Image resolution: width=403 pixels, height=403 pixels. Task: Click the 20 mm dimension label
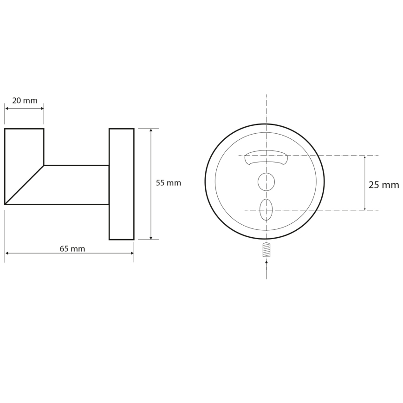coord(25,101)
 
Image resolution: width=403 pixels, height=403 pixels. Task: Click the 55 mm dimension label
coord(168,183)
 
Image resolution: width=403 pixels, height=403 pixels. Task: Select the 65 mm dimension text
coord(72,249)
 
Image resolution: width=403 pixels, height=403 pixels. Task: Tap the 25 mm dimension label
coord(383,185)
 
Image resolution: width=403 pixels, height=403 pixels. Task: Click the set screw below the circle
coord(266,250)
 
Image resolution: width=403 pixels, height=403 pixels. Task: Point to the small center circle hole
coord(266,182)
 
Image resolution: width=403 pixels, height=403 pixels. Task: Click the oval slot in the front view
coord(266,209)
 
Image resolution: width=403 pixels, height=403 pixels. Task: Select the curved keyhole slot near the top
coord(266,157)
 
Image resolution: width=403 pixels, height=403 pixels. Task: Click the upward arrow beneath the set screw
coord(266,262)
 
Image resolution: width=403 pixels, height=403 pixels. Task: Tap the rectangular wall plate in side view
coord(122,184)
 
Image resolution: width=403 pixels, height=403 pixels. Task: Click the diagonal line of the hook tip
coord(24,185)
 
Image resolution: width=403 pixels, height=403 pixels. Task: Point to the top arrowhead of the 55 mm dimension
coord(151,130)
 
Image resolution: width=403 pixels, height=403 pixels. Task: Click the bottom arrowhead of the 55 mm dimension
coord(151,238)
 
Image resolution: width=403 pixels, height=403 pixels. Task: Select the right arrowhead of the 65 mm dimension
coord(132,253)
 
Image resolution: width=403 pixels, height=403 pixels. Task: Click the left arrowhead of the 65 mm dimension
coord(7,253)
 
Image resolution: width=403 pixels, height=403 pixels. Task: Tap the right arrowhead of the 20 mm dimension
coord(42,109)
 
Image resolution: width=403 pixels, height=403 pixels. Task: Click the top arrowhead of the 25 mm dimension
coord(364,157)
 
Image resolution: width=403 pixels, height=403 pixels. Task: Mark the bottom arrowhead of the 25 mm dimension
coord(364,209)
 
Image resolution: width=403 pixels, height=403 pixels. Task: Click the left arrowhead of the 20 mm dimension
coord(7,109)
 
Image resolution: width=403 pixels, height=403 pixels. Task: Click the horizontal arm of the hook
coord(77,185)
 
